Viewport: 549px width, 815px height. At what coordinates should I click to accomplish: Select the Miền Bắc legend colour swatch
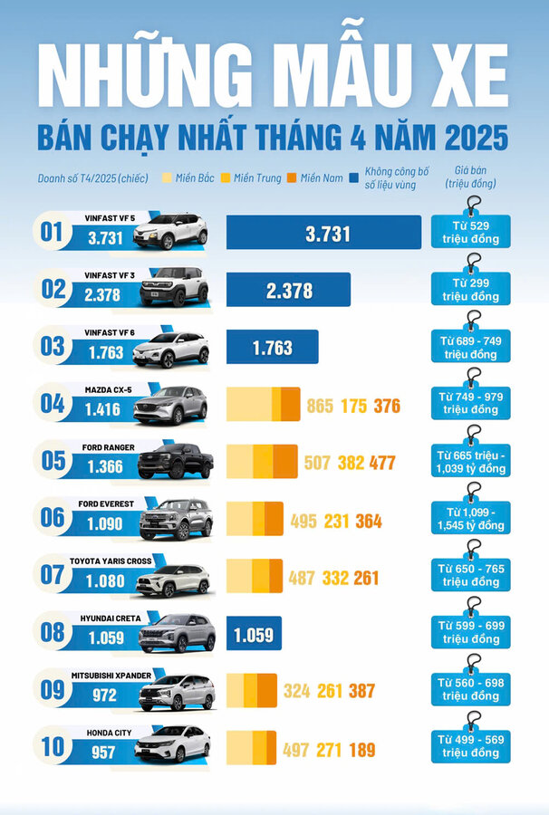166,177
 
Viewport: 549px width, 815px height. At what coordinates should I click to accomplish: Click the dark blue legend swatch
352,177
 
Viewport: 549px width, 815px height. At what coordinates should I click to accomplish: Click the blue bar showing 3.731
323,233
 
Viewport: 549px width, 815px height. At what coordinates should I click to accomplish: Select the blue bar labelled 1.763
272,347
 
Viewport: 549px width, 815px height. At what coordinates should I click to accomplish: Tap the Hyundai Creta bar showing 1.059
254,634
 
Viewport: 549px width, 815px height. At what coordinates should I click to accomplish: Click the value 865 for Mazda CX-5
320,406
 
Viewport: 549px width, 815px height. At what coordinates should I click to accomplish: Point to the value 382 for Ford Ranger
351,464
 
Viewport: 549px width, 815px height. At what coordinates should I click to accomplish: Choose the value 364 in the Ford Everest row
368,522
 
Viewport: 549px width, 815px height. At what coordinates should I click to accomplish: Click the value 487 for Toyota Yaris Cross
302,578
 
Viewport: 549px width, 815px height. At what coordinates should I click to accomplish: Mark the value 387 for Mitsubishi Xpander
361,692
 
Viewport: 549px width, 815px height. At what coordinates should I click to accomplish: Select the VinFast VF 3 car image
174,288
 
